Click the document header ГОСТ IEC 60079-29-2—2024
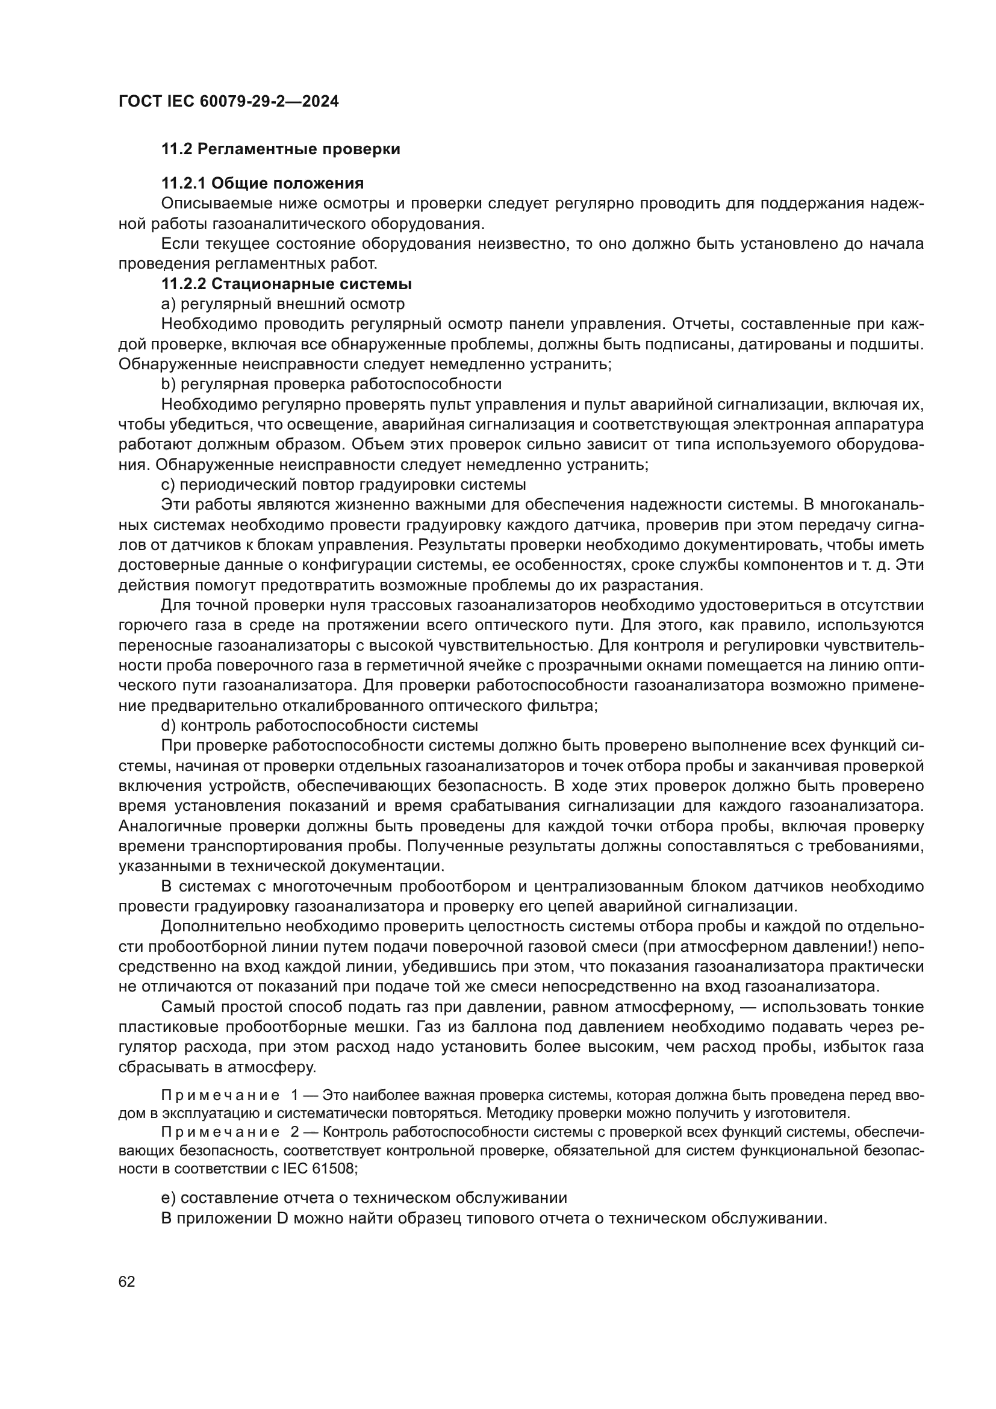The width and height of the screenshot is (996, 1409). point(228,101)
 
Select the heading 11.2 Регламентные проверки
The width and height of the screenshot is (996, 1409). point(280,149)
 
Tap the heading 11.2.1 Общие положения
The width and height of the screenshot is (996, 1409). point(262,184)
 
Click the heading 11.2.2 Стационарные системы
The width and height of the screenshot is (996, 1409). point(286,284)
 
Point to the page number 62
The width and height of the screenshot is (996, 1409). point(127,1282)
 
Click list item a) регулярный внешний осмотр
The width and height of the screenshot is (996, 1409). point(283,304)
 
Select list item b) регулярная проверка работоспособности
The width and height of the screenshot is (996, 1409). point(331,384)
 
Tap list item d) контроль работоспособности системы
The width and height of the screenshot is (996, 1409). point(320,725)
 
